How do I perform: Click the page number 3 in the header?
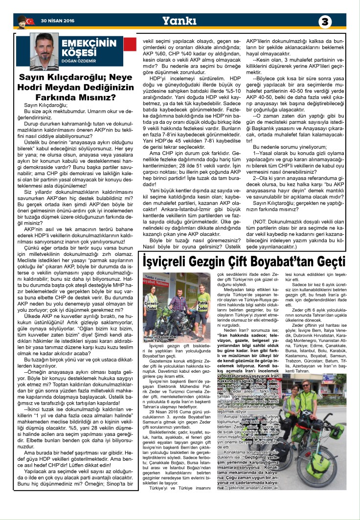(325, 22)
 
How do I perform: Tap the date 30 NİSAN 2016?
(54, 21)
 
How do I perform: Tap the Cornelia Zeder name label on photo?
(151, 305)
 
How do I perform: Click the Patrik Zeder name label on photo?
(203, 305)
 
